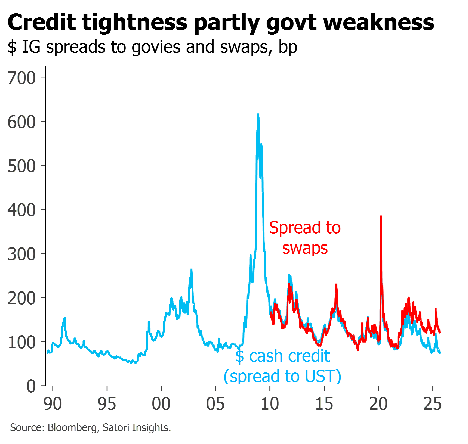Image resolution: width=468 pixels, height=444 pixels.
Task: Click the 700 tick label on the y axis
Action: [x=22, y=78]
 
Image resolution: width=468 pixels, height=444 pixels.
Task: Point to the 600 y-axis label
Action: [x=22, y=122]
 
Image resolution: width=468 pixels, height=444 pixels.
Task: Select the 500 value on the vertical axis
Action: [x=22, y=166]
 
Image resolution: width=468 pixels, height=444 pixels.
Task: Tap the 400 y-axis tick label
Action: [x=22, y=210]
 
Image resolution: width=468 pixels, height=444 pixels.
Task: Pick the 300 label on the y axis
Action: [x=22, y=254]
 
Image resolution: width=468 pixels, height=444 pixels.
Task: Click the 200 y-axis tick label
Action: [x=22, y=298]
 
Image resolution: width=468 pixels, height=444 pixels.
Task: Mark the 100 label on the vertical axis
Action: [x=22, y=342]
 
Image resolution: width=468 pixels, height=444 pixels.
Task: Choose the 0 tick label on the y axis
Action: [x=31, y=386]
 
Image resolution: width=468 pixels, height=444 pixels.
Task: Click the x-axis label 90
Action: [x=53, y=404]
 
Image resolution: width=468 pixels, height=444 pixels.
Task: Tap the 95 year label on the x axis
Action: [x=107, y=404]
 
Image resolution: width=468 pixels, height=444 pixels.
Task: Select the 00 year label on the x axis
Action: [x=161, y=404]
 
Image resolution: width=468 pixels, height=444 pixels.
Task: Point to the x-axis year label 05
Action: [x=215, y=404]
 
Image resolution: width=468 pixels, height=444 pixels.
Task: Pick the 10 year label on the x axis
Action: [x=270, y=404]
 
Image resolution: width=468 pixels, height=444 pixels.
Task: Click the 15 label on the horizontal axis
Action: [x=324, y=404]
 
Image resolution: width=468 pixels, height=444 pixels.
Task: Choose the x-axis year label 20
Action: [x=378, y=404]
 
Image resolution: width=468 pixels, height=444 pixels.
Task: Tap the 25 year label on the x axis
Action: [x=433, y=404]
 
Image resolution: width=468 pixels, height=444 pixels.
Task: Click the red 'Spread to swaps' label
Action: [x=305, y=238]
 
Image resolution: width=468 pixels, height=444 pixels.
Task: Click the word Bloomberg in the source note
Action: [x=72, y=428]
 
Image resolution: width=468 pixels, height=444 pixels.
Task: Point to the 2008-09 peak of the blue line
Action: [x=258, y=114]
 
